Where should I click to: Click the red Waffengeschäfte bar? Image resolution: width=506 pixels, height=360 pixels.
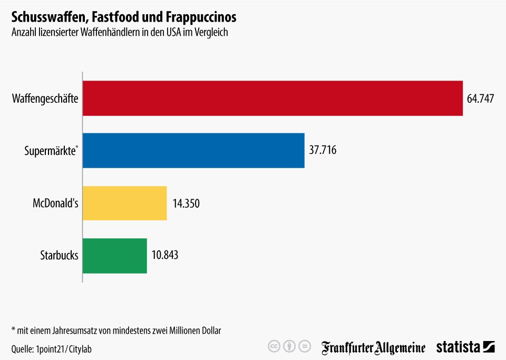pyautogui.click(x=273, y=98)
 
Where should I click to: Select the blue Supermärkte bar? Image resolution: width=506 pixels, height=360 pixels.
pyautogui.click(x=193, y=150)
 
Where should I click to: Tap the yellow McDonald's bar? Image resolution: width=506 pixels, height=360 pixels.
pyautogui.click(x=125, y=203)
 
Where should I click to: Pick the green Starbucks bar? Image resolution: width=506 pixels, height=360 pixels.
pyautogui.click(x=115, y=256)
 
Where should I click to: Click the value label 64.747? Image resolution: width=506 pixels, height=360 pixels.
pyautogui.click(x=480, y=99)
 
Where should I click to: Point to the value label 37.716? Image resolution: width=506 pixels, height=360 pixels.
pyautogui.click(x=323, y=150)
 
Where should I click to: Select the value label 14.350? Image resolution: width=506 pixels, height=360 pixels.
pyautogui.click(x=186, y=203)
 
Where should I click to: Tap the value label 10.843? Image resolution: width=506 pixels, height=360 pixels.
pyautogui.click(x=165, y=255)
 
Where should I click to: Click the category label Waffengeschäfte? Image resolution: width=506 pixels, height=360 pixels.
pyautogui.click(x=45, y=99)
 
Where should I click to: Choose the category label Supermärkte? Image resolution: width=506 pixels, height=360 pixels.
pyautogui.click(x=51, y=151)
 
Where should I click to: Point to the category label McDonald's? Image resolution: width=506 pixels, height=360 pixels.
pyautogui.click(x=55, y=203)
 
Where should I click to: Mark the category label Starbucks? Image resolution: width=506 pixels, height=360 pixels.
pyautogui.click(x=59, y=255)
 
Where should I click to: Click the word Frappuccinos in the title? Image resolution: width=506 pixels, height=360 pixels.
pyautogui.click(x=201, y=17)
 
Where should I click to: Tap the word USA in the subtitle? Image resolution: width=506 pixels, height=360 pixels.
pyautogui.click(x=173, y=32)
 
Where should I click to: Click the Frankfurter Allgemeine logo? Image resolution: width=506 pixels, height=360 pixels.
pyautogui.click(x=373, y=348)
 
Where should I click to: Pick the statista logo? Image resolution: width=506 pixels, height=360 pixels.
pyautogui.click(x=465, y=347)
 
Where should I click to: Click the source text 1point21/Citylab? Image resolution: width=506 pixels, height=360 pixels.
pyautogui.click(x=64, y=349)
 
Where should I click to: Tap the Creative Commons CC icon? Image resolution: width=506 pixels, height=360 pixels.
pyautogui.click(x=274, y=347)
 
